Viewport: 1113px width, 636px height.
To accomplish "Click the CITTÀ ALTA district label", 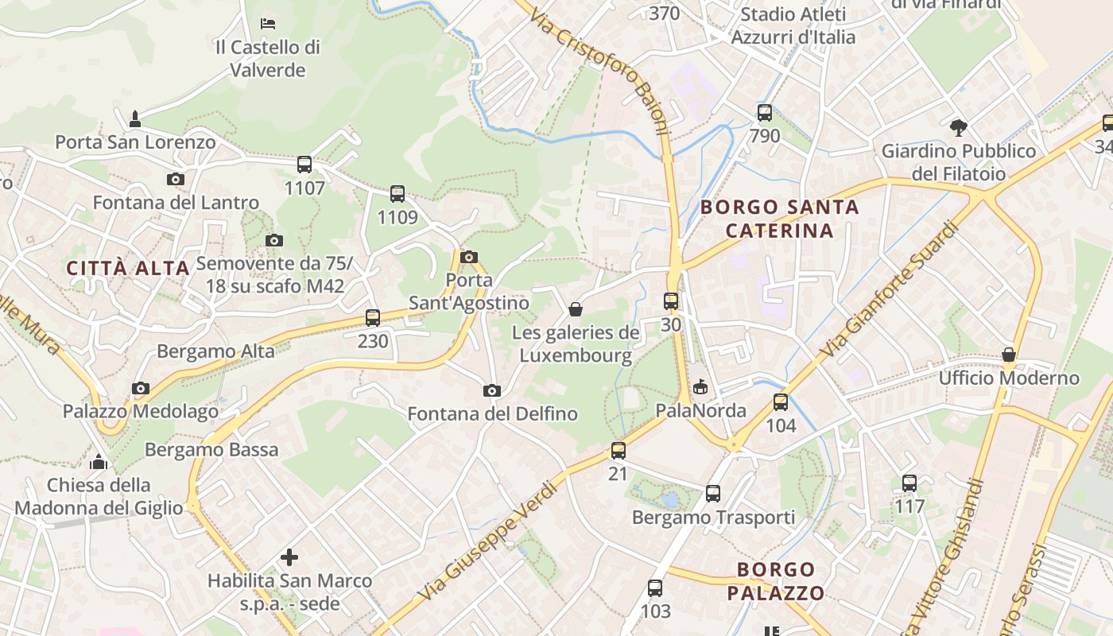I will (128, 268).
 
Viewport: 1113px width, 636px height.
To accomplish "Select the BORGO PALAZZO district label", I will (776, 581).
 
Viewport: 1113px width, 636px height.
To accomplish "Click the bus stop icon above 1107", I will (304, 165).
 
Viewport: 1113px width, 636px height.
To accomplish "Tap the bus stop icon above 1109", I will (397, 193).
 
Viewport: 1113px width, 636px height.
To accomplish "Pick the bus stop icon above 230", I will (373, 318).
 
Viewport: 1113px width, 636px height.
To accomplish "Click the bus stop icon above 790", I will (765, 113).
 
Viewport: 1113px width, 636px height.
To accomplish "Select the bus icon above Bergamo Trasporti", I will (713, 494).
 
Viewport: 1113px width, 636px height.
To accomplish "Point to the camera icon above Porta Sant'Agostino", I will (469, 257).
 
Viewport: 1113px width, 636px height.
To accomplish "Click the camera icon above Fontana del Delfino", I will (492, 390).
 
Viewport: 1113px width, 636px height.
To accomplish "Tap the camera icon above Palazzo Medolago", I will (141, 388).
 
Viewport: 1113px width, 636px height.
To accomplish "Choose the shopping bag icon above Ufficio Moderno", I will (1009, 354).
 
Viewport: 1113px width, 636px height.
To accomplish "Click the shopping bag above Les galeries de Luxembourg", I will (576, 308).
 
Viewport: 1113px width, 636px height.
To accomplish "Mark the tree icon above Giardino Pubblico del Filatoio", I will (959, 126).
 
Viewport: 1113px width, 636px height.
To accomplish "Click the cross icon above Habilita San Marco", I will (289, 557).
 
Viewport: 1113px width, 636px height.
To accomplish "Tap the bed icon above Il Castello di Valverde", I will (268, 22).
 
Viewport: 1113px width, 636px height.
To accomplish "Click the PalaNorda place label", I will (700, 410).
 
